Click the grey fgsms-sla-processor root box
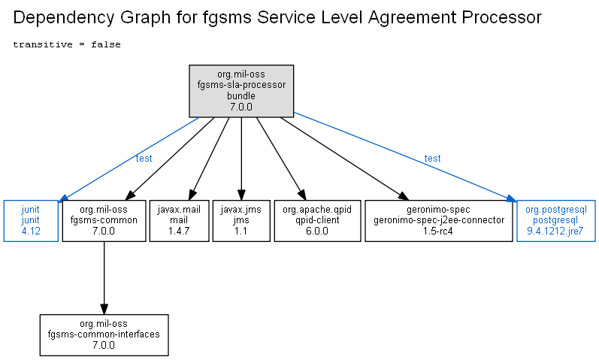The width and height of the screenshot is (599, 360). point(241,91)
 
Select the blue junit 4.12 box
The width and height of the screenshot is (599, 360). point(31,221)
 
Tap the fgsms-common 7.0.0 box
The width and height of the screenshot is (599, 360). point(104,221)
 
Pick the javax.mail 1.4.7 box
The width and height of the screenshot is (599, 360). point(179,221)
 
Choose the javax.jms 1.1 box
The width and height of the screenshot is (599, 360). point(241,221)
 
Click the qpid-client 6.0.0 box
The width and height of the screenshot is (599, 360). point(317,221)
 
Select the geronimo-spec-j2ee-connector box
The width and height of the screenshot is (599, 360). point(439,221)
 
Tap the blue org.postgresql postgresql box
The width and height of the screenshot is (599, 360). point(556,221)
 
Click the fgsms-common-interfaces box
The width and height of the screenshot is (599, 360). point(104,335)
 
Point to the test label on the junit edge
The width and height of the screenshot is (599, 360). point(144,159)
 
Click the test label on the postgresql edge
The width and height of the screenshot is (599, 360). point(432,159)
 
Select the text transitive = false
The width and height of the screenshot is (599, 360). point(67,44)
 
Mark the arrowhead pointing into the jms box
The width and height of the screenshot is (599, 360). point(241,195)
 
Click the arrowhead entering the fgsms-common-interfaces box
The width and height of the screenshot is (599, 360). point(104,309)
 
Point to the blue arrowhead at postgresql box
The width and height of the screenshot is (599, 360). point(511,198)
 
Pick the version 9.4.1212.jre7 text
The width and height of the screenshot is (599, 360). point(555,231)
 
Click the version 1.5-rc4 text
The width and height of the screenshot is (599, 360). point(438,231)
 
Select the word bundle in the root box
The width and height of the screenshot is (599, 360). point(241,96)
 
